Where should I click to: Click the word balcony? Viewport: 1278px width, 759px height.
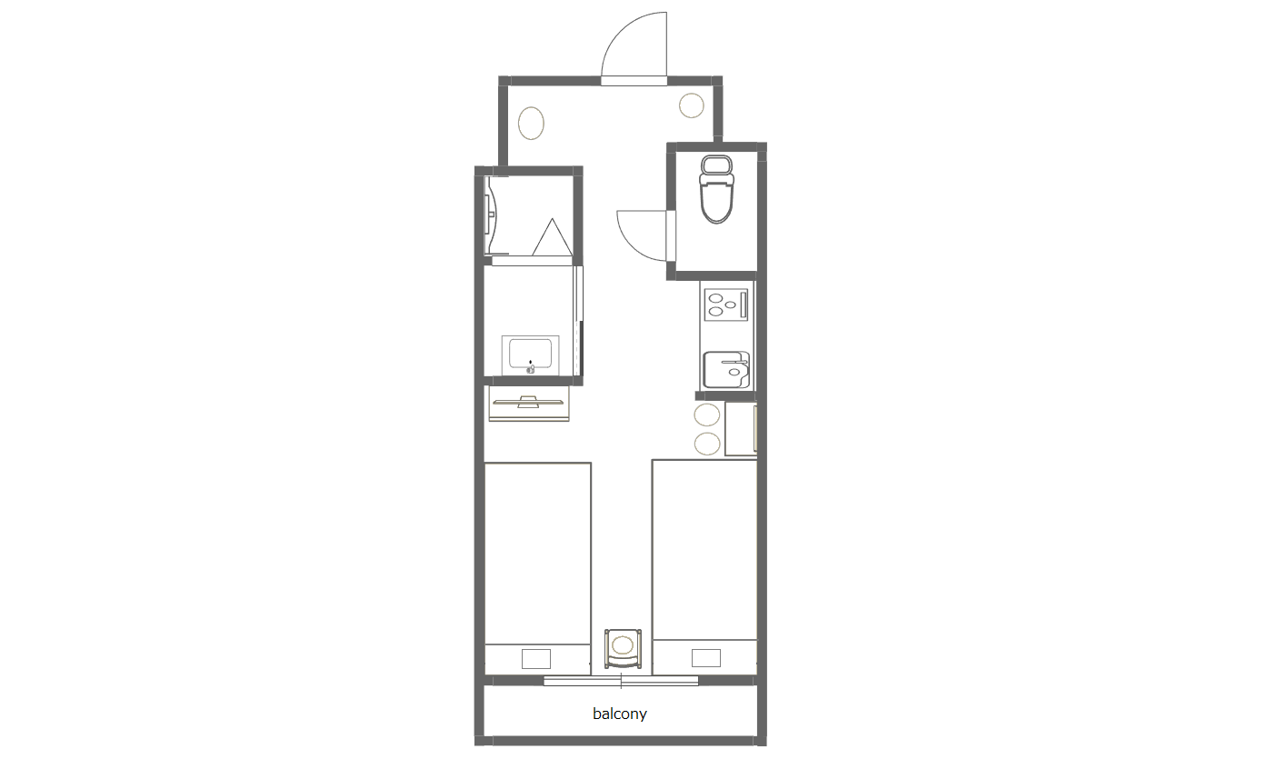click(620, 714)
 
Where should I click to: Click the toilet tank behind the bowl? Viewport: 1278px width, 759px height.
click(716, 165)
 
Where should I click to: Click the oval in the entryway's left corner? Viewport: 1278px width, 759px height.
click(531, 124)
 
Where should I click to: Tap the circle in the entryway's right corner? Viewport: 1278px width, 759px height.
click(691, 105)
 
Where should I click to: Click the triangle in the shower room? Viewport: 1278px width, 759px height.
click(552, 237)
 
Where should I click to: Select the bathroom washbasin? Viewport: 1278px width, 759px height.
click(530, 355)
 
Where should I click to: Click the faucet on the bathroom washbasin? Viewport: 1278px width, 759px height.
click(531, 367)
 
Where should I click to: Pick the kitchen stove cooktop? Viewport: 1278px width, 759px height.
click(725, 305)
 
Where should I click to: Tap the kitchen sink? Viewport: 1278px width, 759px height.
click(725, 369)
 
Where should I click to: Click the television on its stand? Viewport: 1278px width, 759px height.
click(529, 402)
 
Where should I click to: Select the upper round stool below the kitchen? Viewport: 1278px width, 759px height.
click(707, 414)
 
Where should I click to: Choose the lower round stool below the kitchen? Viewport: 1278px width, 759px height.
click(707, 444)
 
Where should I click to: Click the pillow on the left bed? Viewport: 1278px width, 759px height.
click(535, 659)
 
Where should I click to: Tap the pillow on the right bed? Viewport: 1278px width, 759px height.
click(705, 658)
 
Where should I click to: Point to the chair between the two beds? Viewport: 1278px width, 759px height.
click(623, 648)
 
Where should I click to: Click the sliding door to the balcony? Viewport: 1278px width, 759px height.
click(621, 680)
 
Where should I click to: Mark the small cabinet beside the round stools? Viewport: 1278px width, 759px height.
click(741, 428)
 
